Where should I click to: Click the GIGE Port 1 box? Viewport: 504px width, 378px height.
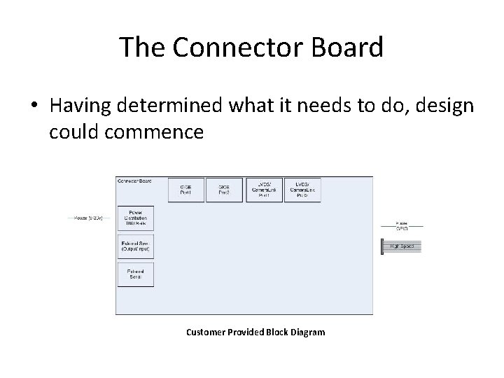[185, 189]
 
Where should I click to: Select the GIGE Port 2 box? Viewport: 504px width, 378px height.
[224, 189]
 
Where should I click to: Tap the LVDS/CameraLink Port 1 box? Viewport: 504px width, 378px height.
[263, 189]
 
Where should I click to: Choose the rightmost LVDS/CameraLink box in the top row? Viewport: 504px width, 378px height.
[302, 189]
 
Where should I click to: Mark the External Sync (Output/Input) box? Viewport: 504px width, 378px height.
[136, 246]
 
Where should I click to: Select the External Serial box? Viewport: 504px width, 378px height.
[136, 274]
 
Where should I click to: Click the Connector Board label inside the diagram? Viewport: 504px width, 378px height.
[134, 181]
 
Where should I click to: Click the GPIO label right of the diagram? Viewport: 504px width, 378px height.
[402, 228]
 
